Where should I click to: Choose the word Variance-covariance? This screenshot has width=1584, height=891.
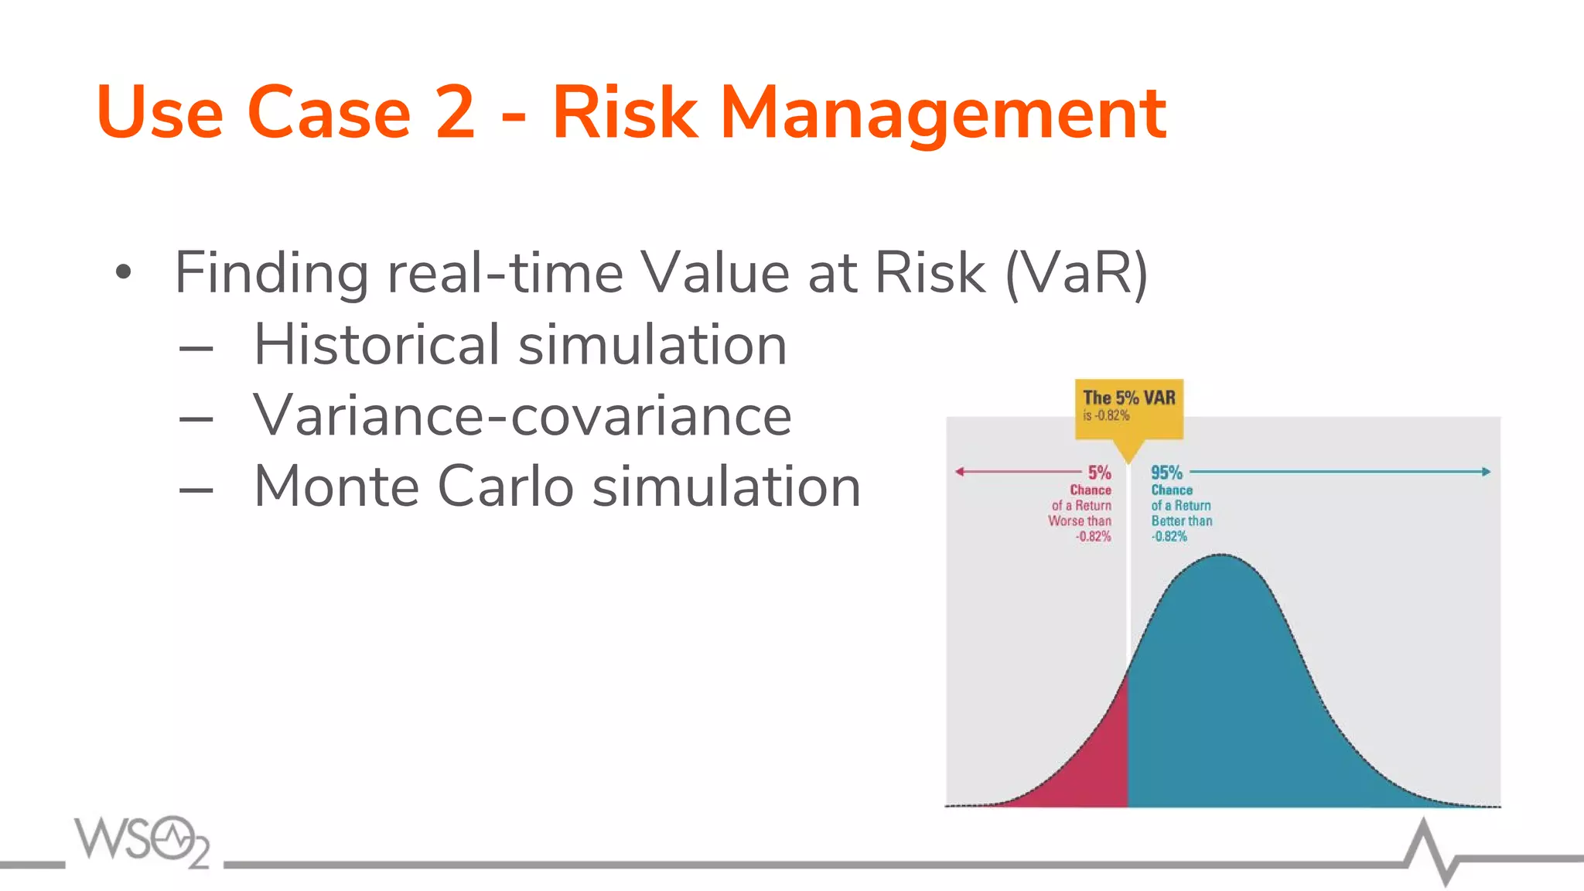tap(522, 415)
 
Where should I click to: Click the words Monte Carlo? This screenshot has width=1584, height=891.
tap(413, 486)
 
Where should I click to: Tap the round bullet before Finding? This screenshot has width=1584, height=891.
tap(123, 272)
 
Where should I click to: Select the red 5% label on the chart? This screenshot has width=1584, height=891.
tap(1099, 473)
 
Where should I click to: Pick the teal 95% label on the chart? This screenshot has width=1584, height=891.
tap(1166, 473)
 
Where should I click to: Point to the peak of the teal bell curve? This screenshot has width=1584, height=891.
tap(1221, 555)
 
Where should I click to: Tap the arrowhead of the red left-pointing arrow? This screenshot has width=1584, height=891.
tap(959, 471)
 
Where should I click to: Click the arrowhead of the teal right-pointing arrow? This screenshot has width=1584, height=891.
tap(1486, 471)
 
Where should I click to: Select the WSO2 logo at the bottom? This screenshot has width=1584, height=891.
tap(142, 841)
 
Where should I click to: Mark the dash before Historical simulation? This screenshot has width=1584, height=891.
tap(196, 349)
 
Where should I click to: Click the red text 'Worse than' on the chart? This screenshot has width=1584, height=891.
tap(1079, 521)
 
